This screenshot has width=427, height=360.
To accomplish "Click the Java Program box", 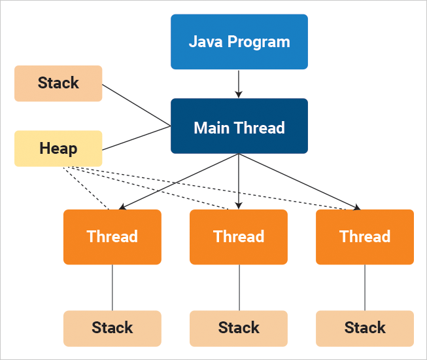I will (x=239, y=42).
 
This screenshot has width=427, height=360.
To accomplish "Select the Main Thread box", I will (x=239, y=126).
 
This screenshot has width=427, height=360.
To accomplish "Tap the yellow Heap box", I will (x=58, y=149).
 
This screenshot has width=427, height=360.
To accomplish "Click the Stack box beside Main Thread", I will (x=58, y=83).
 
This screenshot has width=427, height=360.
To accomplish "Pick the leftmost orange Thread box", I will (x=112, y=236).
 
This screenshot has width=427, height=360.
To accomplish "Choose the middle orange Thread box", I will (x=239, y=236).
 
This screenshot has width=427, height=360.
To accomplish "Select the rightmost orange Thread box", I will (x=365, y=236).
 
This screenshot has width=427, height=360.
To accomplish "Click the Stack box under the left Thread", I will (x=112, y=328).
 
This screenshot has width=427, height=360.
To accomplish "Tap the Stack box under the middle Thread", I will (x=239, y=328).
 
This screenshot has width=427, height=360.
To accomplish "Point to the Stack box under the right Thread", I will (x=365, y=328).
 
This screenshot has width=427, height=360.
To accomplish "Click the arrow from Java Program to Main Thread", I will (x=239, y=83).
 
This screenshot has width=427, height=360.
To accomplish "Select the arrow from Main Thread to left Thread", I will (x=180, y=181).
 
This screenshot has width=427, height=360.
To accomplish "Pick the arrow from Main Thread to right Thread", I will (x=299, y=181).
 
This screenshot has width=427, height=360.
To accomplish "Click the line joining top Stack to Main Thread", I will (x=137, y=105).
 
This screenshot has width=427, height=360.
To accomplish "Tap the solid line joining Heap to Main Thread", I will (x=137, y=137).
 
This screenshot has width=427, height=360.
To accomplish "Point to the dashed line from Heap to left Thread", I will (x=87, y=189).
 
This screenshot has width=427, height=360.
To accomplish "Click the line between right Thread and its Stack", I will (x=365, y=287).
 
